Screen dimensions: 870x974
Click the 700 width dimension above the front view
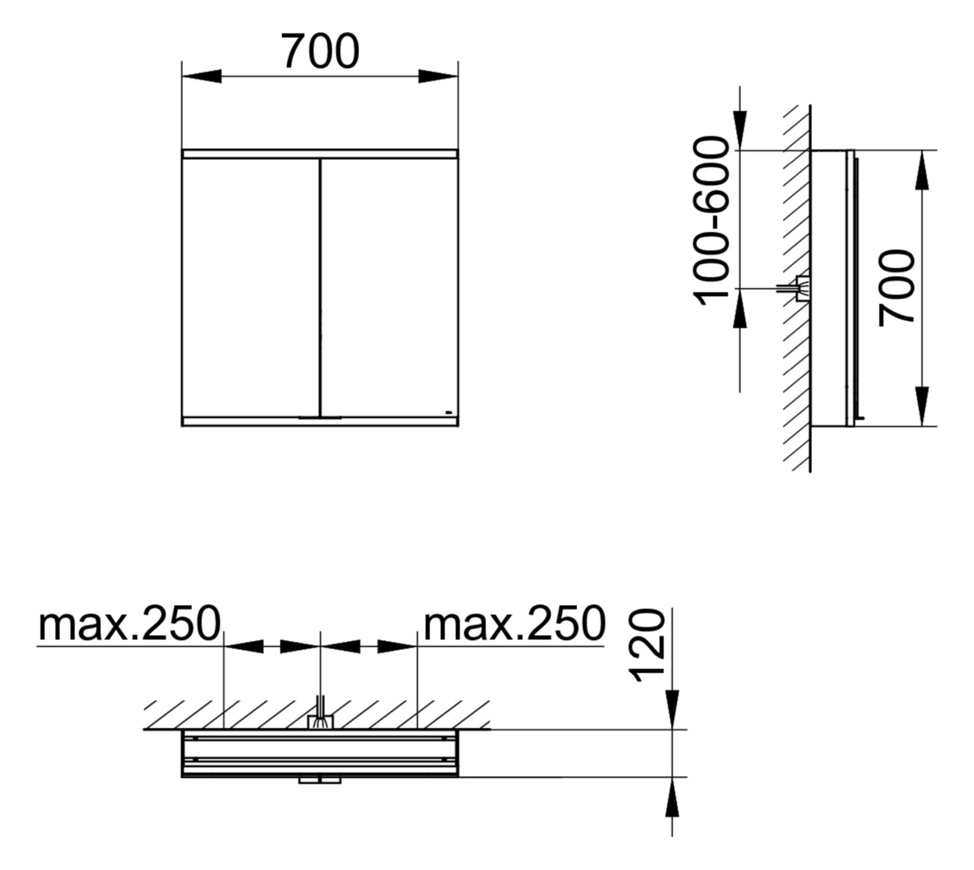click(320, 52)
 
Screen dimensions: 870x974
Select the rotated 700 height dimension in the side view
click(896, 288)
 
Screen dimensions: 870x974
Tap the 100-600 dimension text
click(711, 221)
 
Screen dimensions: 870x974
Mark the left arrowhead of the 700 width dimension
click(202, 76)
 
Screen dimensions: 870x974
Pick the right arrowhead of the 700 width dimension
click(438, 76)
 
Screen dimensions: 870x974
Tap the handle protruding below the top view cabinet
click(319, 780)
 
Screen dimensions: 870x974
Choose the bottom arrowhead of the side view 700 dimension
click(923, 407)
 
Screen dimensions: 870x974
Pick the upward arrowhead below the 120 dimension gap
click(672, 797)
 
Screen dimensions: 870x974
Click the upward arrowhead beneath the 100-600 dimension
click(740, 308)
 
